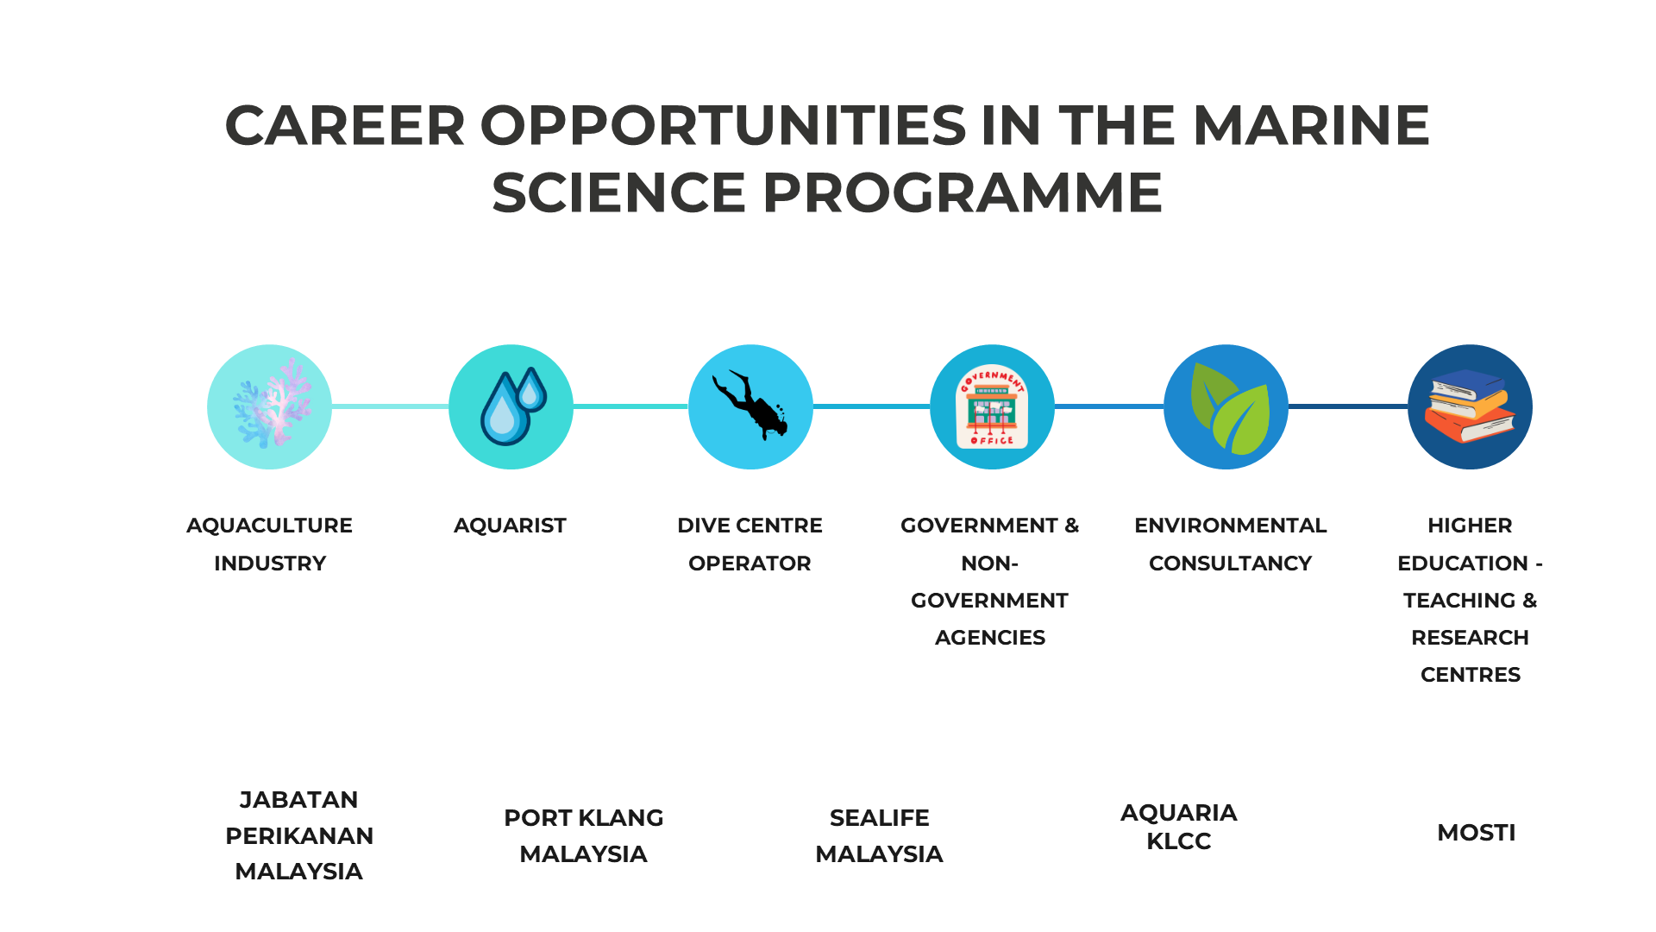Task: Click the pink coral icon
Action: (x=270, y=403)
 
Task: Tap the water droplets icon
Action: (x=513, y=406)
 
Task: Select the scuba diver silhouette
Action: (x=750, y=405)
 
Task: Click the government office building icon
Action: (x=992, y=406)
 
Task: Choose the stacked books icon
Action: (x=1470, y=406)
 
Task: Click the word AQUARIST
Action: (x=510, y=526)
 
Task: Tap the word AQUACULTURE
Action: (x=269, y=526)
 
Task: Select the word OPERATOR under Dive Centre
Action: (x=750, y=564)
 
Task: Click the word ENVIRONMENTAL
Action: (x=1230, y=526)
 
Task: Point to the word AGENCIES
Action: (x=990, y=638)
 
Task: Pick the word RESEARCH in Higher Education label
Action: (x=1470, y=638)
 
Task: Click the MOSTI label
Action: (x=1476, y=833)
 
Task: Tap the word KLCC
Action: (x=1178, y=841)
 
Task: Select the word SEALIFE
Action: (x=879, y=818)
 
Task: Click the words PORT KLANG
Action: (x=583, y=818)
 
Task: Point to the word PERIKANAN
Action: (x=299, y=836)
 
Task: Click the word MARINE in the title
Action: (x=1311, y=125)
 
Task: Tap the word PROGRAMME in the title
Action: (x=963, y=192)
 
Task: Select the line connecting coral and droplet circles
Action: (x=390, y=406)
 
